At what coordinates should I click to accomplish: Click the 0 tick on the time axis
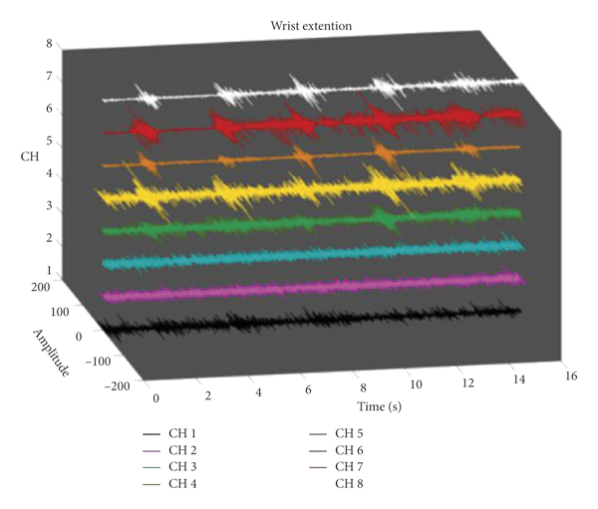point(155,397)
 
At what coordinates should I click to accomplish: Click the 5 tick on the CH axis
point(48,141)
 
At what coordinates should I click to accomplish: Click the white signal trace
point(299,90)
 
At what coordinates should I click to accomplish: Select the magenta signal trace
point(299,287)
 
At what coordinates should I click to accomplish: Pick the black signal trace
point(299,323)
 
